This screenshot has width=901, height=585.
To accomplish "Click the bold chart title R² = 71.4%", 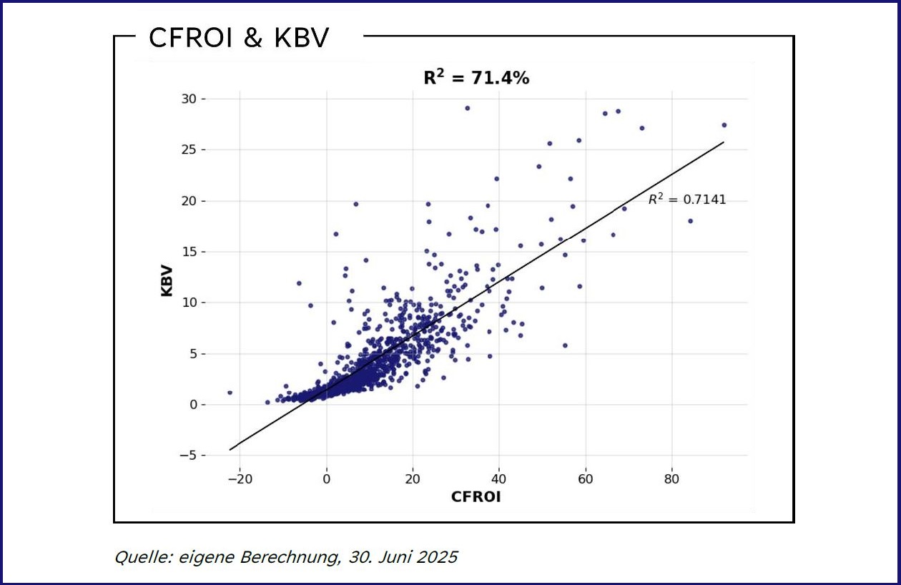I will [476, 79].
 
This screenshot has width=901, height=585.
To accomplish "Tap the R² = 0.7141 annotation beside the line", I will [686, 200].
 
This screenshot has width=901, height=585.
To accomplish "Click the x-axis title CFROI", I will [476, 497].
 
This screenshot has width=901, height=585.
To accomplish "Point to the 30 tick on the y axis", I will [189, 99].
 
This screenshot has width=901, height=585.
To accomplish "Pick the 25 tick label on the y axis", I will [189, 149].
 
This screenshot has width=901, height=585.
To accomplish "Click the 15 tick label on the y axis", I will [189, 252].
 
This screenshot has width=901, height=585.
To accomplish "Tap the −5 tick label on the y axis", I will [189, 456].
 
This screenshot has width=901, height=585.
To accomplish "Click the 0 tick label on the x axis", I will [327, 478].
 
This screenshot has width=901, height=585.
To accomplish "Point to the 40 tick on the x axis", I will [499, 478].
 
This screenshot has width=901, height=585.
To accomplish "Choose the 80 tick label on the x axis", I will [672, 478].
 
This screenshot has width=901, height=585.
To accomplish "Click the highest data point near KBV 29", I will [467, 108].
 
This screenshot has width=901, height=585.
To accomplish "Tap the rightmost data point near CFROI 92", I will [724, 125].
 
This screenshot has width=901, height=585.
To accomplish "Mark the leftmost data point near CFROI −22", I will [230, 393].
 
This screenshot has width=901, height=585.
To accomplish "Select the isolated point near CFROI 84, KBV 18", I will [690, 221].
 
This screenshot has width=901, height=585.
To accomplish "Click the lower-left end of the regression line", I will [230, 449].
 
